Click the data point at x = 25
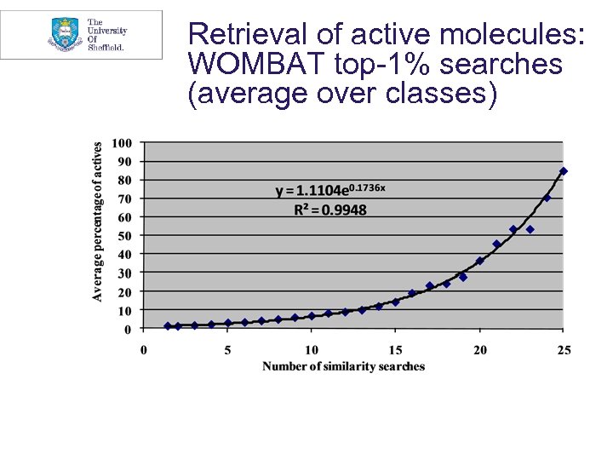[563, 171]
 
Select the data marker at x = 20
[479, 261]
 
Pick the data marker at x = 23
[530, 229]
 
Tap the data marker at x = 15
[395, 302]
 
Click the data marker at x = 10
[312, 316]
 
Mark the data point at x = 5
[227, 323]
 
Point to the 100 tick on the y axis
[122, 143]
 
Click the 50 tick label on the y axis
[124, 236]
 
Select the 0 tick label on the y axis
[128, 329]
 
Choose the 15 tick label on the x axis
[395, 349]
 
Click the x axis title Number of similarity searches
[343, 366]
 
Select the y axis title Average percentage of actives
[98, 221]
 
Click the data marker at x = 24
[547, 198]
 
